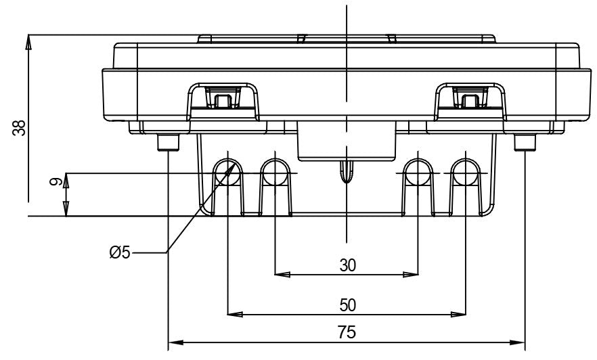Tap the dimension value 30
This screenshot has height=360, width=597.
coord(347,265)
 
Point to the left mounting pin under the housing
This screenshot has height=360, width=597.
coord(167,142)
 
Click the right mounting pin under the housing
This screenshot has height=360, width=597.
coord(525,142)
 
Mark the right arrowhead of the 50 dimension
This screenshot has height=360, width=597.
coord(460,314)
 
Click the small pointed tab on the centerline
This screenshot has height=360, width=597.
coord(347,172)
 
